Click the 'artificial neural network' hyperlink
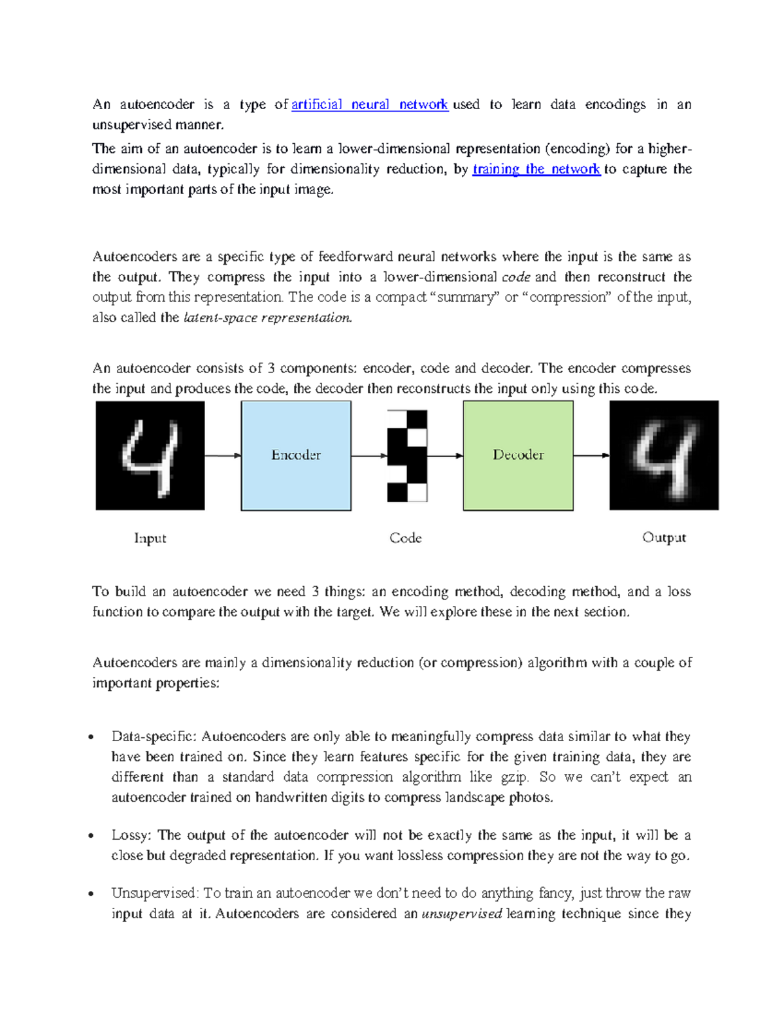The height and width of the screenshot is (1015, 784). [x=369, y=105]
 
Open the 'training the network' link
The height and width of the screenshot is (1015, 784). [x=536, y=169]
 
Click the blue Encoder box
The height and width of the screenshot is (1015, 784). [x=296, y=456]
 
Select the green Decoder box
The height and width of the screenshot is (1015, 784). [x=518, y=456]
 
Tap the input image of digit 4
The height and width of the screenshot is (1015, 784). [x=150, y=456]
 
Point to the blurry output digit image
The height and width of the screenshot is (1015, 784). [x=664, y=456]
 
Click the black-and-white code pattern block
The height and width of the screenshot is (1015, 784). [x=407, y=456]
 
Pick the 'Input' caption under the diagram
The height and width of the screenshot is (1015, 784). [x=150, y=538]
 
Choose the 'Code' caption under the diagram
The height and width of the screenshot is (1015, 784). [x=405, y=538]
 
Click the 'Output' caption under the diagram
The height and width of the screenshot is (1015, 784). [x=664, y=537]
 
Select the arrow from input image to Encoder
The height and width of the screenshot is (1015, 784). [x=223, y=456]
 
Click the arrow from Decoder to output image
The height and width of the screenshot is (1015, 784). [x=591, y=456]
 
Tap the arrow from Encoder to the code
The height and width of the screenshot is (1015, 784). [x=369, y=456]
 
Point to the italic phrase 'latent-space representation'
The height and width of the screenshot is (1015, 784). [x=268, y=318]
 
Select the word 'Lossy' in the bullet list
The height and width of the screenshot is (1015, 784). [x=131, y=835]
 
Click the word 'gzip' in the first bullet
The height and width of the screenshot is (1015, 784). [x=514, y=778]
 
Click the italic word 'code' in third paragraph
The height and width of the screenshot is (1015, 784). [x=515, y=277]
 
